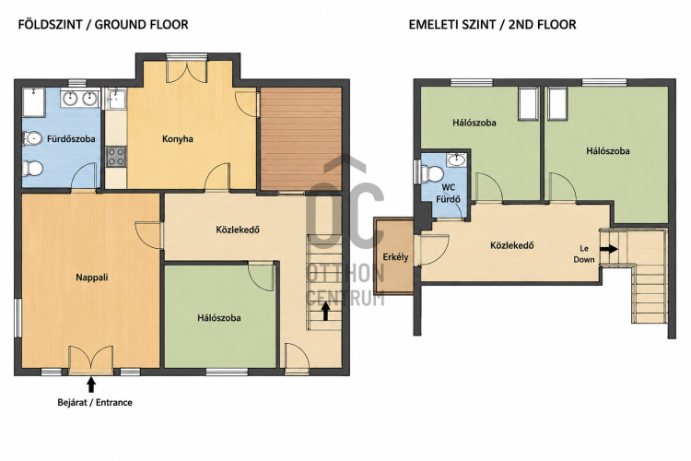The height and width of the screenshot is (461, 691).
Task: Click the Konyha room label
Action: coord(178,139)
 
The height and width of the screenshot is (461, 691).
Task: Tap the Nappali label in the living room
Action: coord(91,278)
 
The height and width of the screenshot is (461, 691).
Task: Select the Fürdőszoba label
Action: coord(71,139)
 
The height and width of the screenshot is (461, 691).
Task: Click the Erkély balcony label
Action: coord(395,257)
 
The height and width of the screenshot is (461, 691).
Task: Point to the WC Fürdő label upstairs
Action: coord(448,194)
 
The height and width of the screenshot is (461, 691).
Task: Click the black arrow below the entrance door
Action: coord(91,384)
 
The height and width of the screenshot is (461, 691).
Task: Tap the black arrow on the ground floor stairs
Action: coord(325,311)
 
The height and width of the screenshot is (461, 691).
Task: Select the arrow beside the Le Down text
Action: coord(609,249)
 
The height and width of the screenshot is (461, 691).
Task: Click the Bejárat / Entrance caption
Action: coord(95,402)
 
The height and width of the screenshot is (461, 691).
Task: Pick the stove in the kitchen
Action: coord(116,157)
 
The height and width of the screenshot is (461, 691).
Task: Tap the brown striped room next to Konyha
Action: coord(301,139)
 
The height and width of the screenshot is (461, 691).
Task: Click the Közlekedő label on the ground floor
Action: coord(238,230)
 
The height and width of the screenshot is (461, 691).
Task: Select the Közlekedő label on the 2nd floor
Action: coord(512,245)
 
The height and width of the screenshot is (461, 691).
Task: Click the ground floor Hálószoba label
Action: coord(219,318)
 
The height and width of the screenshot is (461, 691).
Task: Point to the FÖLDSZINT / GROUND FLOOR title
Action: coord(103,24)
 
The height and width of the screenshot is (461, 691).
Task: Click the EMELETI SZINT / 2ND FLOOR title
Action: coord(492,24)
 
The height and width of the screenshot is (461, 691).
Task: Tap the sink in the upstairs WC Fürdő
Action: coord(457,160)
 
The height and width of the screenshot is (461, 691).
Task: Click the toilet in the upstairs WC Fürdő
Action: coord(431,174)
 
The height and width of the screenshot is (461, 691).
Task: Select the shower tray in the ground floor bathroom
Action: coord(34,102)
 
